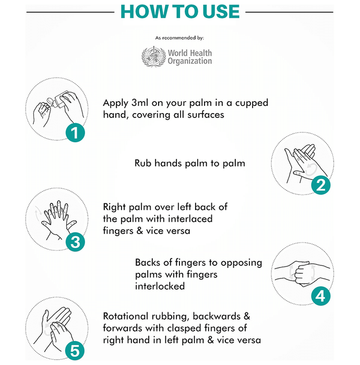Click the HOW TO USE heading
[x=180, y=11]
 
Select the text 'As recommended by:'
[x=179, y=38]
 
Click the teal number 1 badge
[x=75, y=132]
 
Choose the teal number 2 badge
[x=321, y=185]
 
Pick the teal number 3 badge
[x=75, y=242]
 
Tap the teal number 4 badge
[x=321, y=296]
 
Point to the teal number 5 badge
[x=75, y=351]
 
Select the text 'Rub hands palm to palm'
[x=190, y=163]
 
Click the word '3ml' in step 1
[x=140, y=103]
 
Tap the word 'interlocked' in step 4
[x=160, y=286]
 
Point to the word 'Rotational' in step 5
[x=126, y=316]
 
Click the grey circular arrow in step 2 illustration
[x=311, y=169]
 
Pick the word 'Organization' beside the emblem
[x=190, y=61]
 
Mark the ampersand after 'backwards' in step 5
[x=247, y=316]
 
